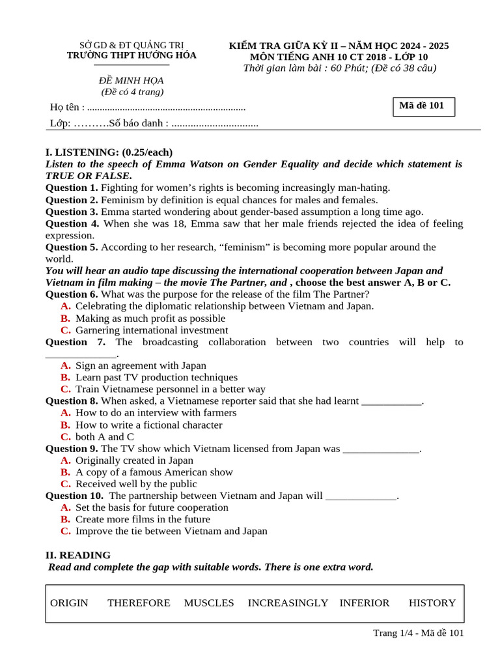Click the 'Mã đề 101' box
click(423, 106)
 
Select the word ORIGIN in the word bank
click(69, 603)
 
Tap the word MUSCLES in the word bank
click(209, 603)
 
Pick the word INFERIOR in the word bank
click(365, 603)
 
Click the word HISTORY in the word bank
click(432, 603)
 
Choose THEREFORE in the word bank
click(139, 603)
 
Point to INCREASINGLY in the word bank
click(288, 603)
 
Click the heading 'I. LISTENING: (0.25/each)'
click(109, 152)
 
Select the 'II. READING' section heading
click(78, 555)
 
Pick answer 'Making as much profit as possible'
click(150, 319)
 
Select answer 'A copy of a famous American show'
click(154, 472)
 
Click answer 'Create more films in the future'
click(143, 519)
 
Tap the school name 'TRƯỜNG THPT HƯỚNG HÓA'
click(132, 55)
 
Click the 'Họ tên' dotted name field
click(166, 107)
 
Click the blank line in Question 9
click(381, 449)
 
